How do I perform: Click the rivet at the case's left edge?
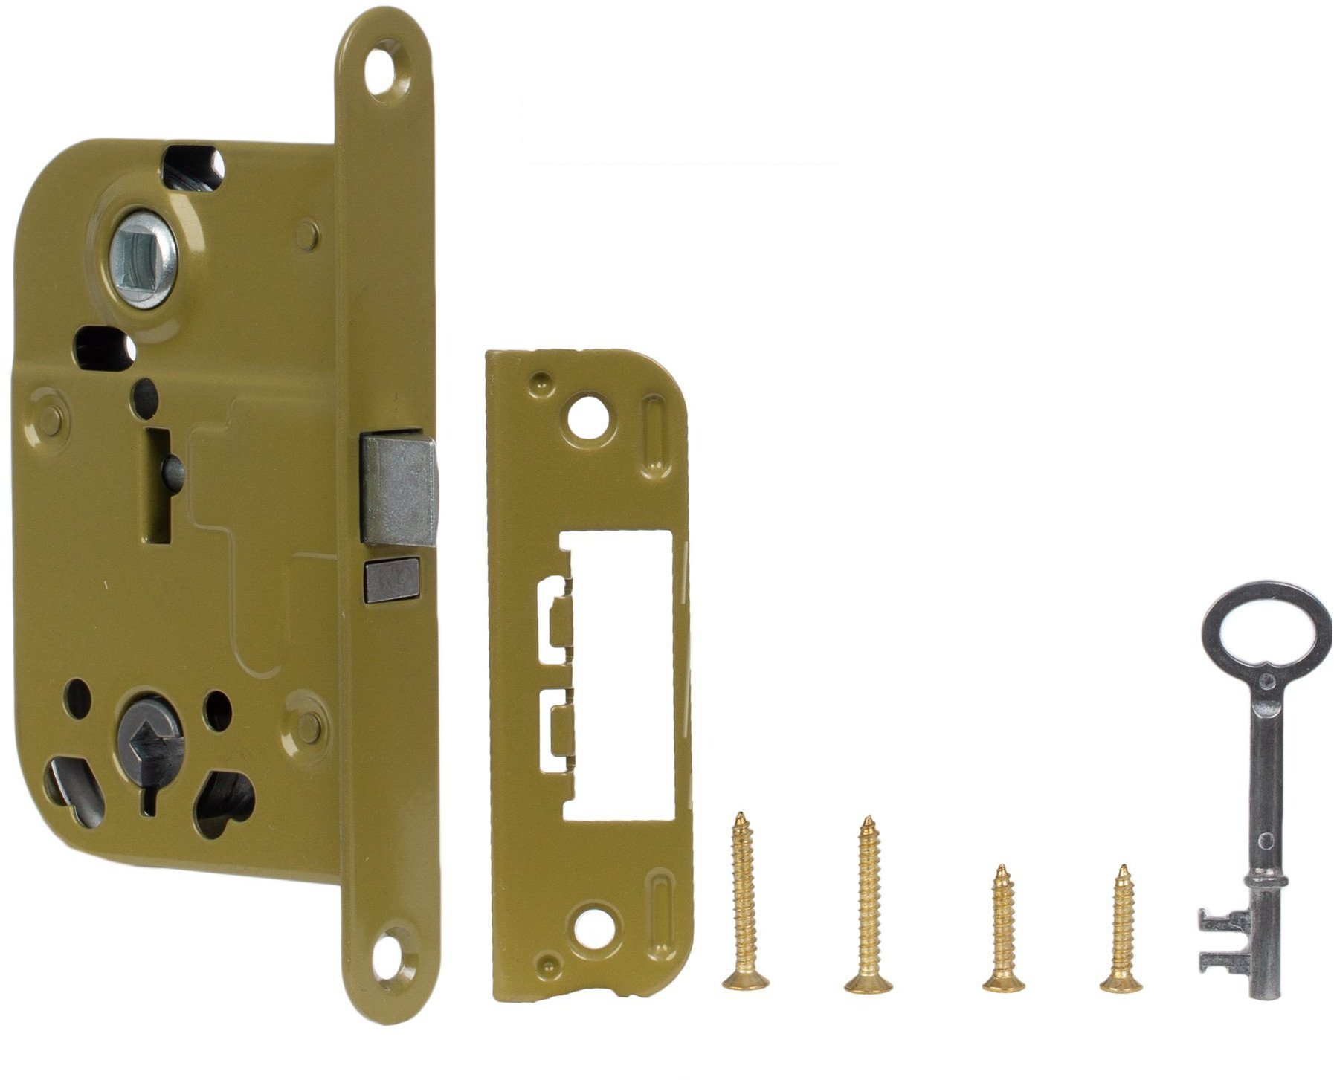[x=49, y=411]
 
